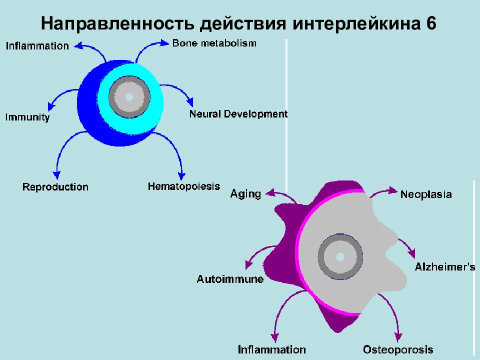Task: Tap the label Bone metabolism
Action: click(214, 43)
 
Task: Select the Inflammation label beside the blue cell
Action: click(37, 46)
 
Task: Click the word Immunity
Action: click(27, 117)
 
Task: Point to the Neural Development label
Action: click(238, 114)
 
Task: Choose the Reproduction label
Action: click(55, 187)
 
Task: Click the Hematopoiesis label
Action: click(184, 186)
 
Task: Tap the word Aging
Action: click(246, 194)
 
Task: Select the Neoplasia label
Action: click(426, 194)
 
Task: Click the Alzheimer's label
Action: click(445, 267)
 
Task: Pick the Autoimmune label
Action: click(230, 279)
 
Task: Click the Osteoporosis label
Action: click(398, 349)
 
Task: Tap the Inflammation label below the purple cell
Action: click(272, 349)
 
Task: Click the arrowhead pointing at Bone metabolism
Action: click(164, 43)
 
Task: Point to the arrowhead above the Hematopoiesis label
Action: click(181, 176)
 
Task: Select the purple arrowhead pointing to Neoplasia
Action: click(393, 190)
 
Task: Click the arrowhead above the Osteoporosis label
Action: click(398, 337)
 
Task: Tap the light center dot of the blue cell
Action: click(129, 97)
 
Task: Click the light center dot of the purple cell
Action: click(340, 256)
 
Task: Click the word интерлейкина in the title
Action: click(356, 23)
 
